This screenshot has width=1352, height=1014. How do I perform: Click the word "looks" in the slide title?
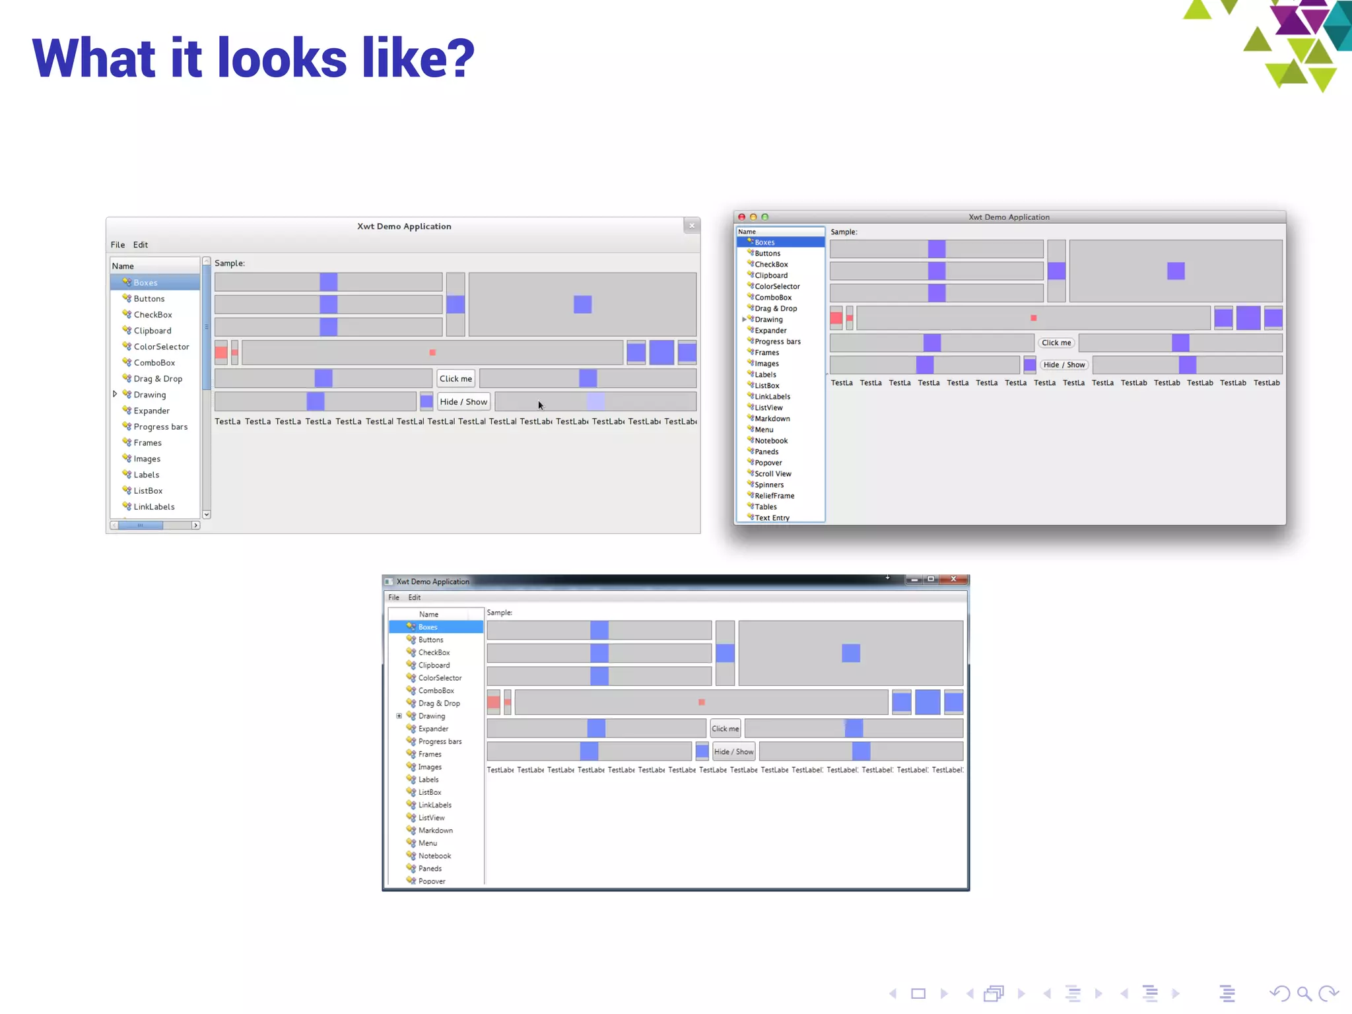pos(282,58)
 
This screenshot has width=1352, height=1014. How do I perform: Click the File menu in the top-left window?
pos(118,245)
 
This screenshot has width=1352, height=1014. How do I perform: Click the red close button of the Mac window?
pos(741,217)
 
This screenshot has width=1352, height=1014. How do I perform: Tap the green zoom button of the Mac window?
pos(765,217)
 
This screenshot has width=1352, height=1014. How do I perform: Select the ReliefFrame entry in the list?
pos(774,496)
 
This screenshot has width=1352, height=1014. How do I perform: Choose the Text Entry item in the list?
pos(772,518)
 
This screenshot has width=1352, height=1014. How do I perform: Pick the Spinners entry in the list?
pos(769,485)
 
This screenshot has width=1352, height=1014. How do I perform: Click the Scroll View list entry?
pos(772,474)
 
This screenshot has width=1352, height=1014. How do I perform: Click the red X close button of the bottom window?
pos(953,580)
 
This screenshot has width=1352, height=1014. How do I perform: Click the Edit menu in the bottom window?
pos(414,597)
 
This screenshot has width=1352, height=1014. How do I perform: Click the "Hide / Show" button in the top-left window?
pos(463,402)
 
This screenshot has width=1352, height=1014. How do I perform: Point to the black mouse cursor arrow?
pos(540,405)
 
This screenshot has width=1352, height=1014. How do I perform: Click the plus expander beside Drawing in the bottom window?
pos(399,716)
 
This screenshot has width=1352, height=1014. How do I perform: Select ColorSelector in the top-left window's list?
pos(161,347)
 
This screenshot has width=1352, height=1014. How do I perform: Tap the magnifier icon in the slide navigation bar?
pos(1304,994)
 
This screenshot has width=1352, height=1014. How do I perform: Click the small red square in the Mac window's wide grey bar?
pos(1034,318)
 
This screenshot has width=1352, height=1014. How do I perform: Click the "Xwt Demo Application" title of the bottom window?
pos(432,582)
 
